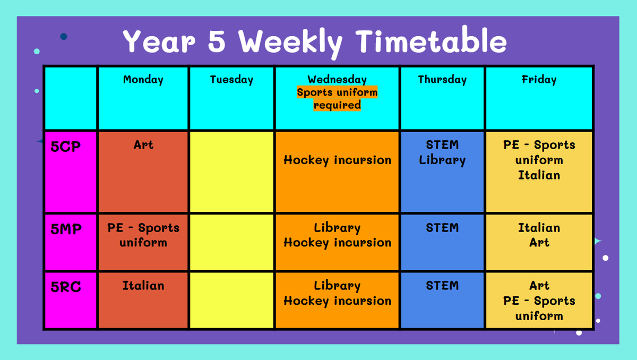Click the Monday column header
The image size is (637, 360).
(143, 80)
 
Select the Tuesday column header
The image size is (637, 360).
(231, 80)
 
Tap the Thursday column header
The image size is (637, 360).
(442, 80)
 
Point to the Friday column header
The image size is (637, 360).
(539, 80)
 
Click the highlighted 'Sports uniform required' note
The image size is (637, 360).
(337, 98)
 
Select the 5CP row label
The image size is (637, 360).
(65, 147)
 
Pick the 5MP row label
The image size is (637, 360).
(66, 229)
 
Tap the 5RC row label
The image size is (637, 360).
(66, 287)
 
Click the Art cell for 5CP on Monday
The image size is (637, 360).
(143, 172)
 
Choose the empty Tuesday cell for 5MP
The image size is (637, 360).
(231, 242)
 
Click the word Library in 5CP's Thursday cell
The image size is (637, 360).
(442, 160)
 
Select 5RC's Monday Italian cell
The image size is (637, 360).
(143, 301)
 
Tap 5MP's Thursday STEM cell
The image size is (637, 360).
(442, 242)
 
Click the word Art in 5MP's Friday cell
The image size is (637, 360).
(539, 243)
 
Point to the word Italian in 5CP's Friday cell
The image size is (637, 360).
(539, 175)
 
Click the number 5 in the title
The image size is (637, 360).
(217, 41)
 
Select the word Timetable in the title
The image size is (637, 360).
(431, 40)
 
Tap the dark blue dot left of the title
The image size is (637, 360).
(64, 37)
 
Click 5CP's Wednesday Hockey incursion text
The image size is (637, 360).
(338, 160)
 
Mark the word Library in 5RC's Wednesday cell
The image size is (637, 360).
(337, 286)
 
